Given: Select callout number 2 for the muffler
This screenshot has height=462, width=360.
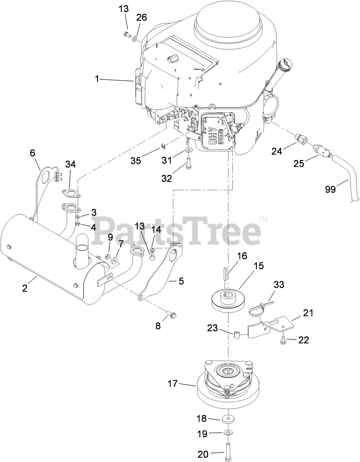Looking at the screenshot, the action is click(25, 289).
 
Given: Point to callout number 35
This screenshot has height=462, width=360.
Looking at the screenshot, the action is click(136, 161).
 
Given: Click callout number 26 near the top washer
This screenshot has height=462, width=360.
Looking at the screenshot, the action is click(142, 18).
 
